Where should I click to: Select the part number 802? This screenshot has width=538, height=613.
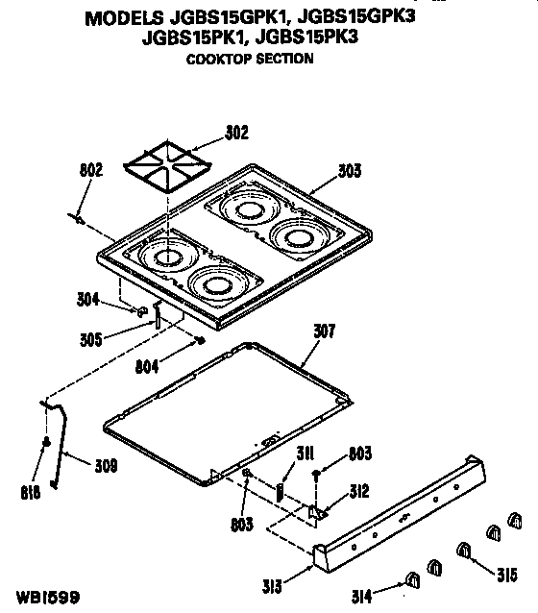(x=90, y=172)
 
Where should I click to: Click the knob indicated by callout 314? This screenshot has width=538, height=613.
(x=412, y=579)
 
